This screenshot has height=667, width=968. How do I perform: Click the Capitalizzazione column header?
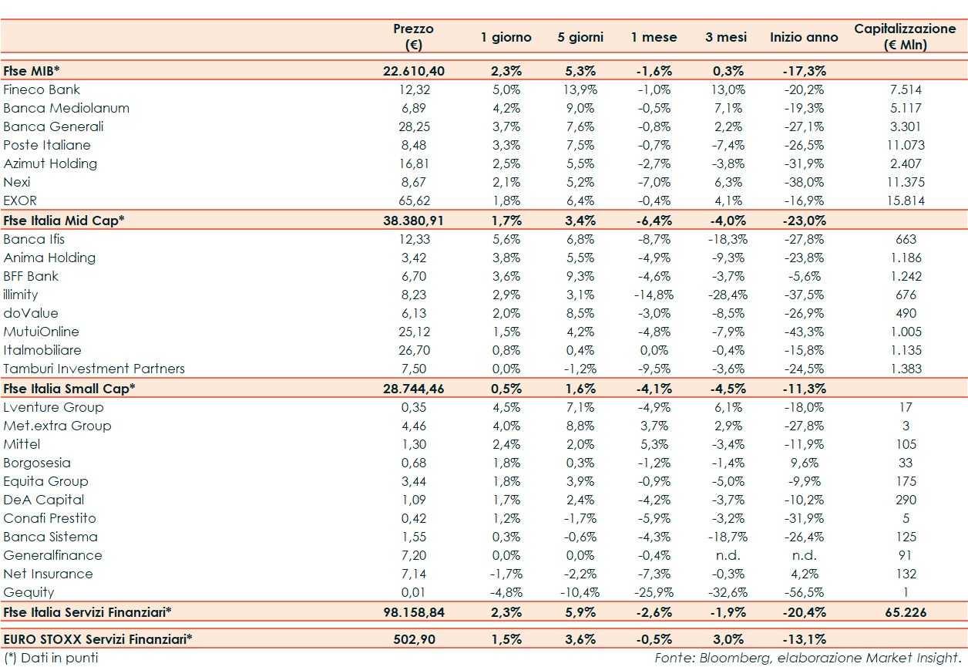pos(905,36)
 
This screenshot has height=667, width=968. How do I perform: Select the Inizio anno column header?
pos(804,37)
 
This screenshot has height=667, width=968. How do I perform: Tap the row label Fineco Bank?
pos(42,89)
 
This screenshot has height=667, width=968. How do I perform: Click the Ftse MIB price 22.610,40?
pos(413,71)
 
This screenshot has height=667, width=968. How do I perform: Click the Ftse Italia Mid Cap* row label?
pos(64,220)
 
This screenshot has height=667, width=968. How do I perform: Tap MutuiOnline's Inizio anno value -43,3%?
pos(804,332)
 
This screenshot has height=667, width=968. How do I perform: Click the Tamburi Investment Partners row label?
pos(94,369)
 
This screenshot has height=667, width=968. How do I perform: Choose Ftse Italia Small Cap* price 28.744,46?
pos(413,388)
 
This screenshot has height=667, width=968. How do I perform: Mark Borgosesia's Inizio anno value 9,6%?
pos(804,463)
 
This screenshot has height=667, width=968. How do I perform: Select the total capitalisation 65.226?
pos(905,612)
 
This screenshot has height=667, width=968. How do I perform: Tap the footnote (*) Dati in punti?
pos(51,658)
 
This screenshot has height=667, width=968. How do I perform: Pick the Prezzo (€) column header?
pos(413,36)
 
